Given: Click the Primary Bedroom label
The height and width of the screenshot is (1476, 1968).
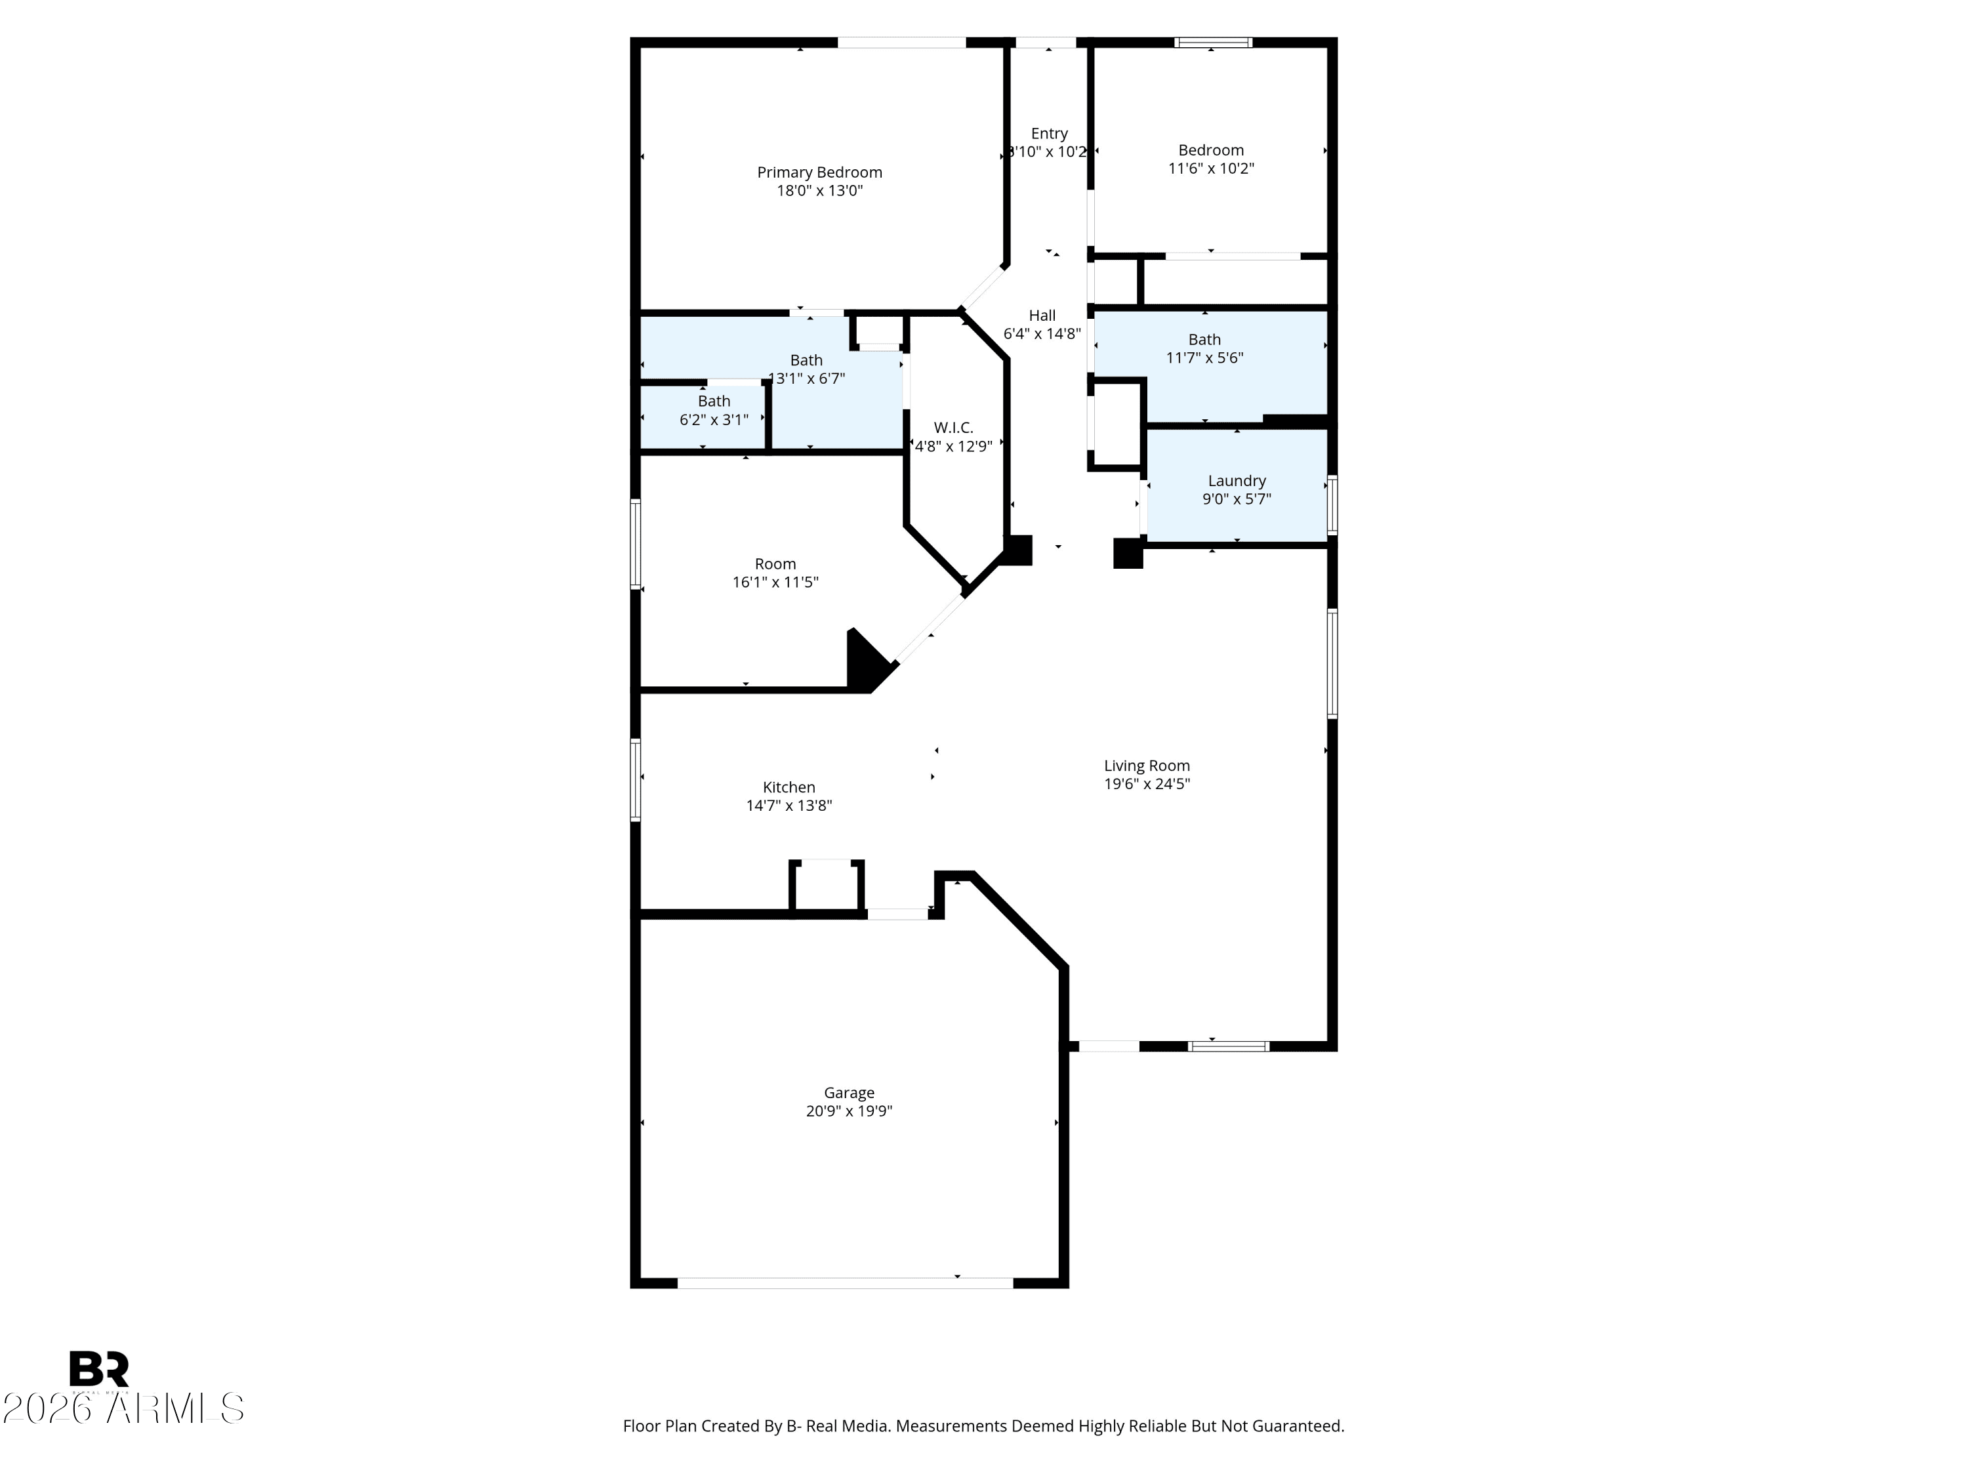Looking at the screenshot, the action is coord(819,173).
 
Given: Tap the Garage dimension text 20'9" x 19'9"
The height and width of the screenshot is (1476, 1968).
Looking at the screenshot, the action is coord(849,1111).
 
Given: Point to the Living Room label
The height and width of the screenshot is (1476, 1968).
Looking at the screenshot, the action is coord(1147,766).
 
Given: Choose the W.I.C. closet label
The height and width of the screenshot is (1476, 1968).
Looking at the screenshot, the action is coord(954,428).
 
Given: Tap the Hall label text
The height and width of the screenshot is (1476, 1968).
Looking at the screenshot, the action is coord(1042,316).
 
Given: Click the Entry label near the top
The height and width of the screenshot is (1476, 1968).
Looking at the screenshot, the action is coord(1049,133).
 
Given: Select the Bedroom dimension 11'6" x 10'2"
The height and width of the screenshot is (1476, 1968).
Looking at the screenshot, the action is coord(1211,168).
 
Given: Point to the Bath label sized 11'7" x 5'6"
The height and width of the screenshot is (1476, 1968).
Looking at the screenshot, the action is coord(1204,340).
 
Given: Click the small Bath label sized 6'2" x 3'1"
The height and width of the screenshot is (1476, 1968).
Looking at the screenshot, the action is coord(714,401).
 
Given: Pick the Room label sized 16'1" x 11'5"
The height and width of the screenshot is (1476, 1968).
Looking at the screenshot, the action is coord(775,564).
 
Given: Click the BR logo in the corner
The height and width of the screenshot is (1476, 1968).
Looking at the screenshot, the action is coord(99,1369).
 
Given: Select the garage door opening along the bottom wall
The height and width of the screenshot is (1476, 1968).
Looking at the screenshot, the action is coord(845,1283).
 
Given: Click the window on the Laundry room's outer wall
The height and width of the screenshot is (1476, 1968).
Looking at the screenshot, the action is coord(1332,505).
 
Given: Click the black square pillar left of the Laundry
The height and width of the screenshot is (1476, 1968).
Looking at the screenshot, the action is coord(1128,554).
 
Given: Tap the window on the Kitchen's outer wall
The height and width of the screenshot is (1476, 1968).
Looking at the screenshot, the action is coord(635,779).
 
